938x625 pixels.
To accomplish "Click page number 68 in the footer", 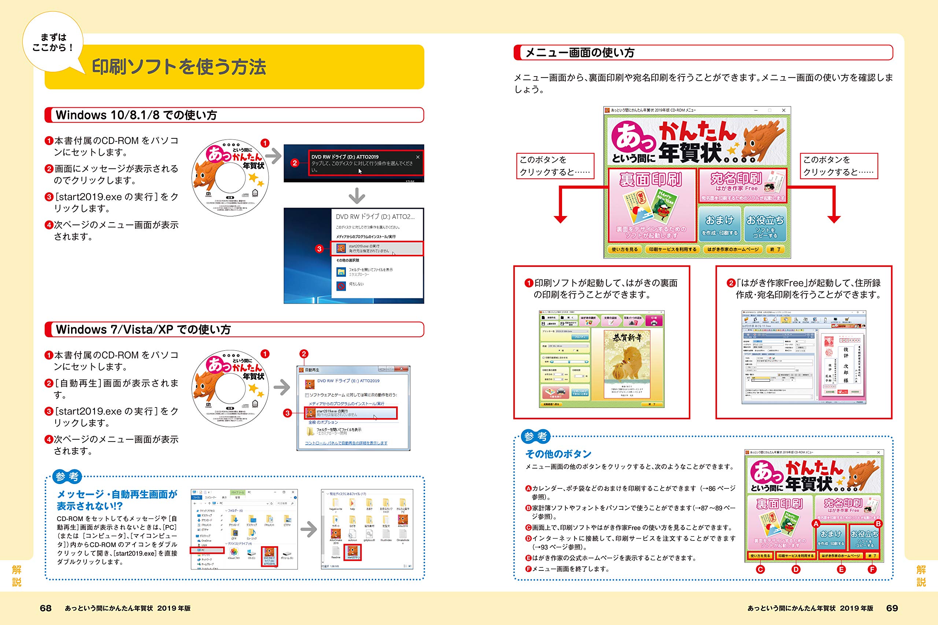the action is pos(46,608).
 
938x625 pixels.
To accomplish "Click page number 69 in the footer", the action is pos(892,608).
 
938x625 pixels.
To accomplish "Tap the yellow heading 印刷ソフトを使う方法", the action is pos(179,67).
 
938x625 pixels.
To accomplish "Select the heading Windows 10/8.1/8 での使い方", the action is pos(136,115).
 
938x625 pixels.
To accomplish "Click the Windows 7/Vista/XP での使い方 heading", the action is pos(143,330).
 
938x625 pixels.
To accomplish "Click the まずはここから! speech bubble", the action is pos(53,42).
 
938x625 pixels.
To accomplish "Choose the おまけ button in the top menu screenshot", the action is pos(720,224).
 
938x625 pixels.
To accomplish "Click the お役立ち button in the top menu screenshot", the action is pos(765,224).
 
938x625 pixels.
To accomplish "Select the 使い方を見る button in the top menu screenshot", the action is pos(624,249).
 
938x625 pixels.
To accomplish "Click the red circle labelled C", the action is pos(761,570).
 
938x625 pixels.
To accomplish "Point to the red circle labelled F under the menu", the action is pos(872,570).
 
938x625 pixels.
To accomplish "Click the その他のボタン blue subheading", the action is pos(558,454).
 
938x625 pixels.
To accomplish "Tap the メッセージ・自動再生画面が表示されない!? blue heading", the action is pos(117,500).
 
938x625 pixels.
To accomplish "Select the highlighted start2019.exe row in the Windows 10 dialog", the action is pos(377,248).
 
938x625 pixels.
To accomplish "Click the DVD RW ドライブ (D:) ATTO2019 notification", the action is pos(365,163).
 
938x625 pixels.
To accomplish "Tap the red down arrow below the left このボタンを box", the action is pos(560,219).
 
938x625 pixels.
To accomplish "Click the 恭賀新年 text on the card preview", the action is pos(627,338).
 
